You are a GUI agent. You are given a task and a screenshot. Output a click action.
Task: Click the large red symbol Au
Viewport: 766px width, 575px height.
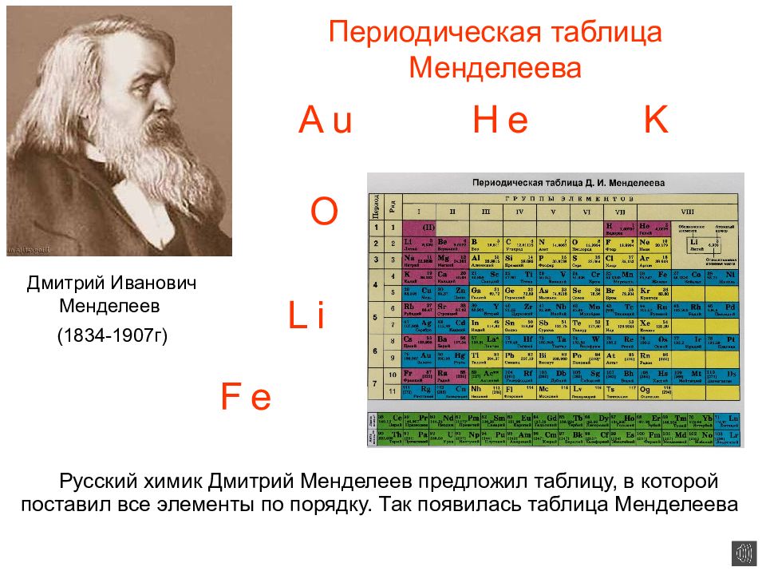click(x=326, y=121)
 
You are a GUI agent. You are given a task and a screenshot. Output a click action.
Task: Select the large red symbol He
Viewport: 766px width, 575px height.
click(x=500, y=121)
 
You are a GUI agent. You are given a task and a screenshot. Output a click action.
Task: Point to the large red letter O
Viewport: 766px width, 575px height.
click(x=324, y=212)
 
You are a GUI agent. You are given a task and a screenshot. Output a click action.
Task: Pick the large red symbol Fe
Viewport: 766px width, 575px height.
click(x=246, y=397)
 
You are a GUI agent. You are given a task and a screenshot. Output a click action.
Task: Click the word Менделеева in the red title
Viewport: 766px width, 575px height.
click(x=495, y=68)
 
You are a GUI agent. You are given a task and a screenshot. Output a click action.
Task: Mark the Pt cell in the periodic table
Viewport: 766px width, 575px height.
click(x=726, y=342)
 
